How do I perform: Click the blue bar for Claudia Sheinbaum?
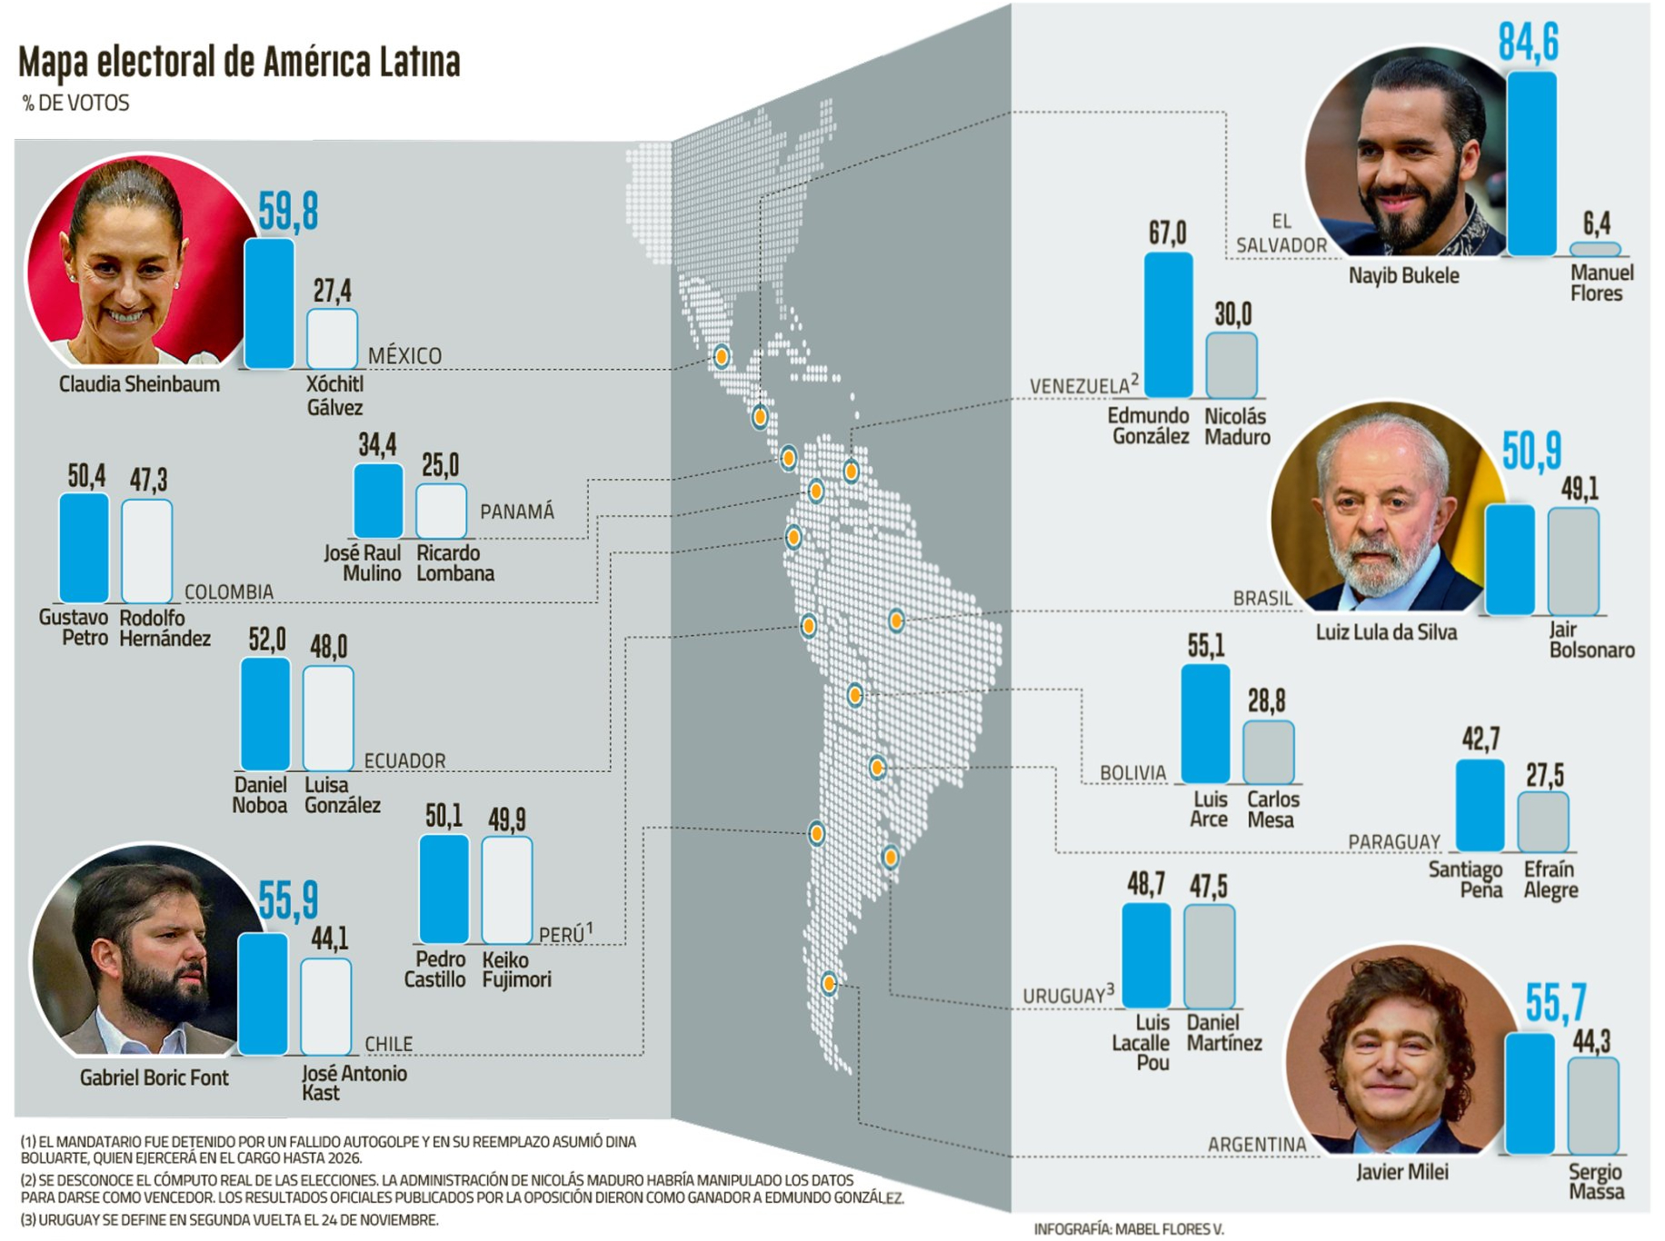coord(269,303)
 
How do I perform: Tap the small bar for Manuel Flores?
coord(1595,249)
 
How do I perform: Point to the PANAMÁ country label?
coord(516,511)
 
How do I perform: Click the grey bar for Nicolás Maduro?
coord(1231,365)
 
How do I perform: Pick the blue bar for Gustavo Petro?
coord(84,548)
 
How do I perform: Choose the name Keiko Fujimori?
coord(516,969)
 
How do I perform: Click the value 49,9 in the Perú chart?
coord(506,819)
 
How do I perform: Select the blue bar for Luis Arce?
coord(1205,723)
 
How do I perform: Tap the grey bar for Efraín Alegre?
coord(1543,821)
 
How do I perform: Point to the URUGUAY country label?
coord(1063,996)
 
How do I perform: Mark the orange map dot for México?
coord(721,356)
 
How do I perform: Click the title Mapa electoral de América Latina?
coord(239,62)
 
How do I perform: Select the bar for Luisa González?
coord(328,719)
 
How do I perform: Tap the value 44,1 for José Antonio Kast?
coord(329,938)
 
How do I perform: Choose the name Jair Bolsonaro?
coord(1590,640)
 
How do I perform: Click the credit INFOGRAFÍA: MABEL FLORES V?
coord(1128,1228)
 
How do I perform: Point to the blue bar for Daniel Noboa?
coord(265,714)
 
